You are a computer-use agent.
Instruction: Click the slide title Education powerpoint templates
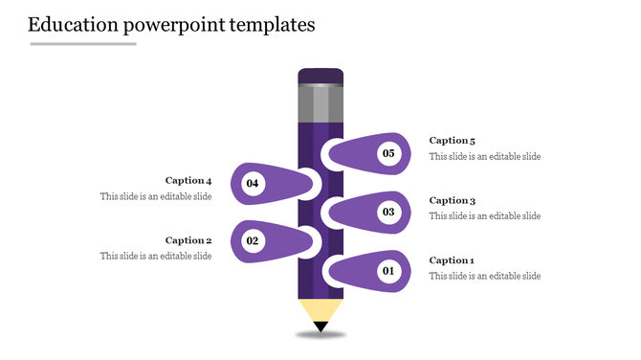coord(171,25)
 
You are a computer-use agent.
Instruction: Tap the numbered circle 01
coord(388,272)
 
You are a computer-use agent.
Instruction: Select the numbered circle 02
coord(253,241)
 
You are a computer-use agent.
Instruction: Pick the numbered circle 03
coord(388,212)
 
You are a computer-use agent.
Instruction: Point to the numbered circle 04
coord(253,182)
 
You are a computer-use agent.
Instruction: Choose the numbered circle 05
coord(388,153)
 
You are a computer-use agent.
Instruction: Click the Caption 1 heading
coord(452,260)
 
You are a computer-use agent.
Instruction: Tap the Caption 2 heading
coord(188,240)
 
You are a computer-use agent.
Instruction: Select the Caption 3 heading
coord(452,201)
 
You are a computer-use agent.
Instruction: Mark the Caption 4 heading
coord(188,180)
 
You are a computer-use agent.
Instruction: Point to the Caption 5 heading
coord(452,141)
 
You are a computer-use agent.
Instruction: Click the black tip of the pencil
coord(320,327)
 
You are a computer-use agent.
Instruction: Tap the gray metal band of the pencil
coord(320,103)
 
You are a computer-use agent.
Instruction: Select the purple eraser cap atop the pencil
coord(320,76)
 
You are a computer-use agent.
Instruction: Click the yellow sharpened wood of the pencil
coord(320,310)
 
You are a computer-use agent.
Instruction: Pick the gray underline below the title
coord(83,44)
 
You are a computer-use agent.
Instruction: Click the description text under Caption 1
coord(484,276)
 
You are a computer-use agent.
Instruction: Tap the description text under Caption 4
coord(156,196)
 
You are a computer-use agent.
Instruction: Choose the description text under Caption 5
coord(484,156)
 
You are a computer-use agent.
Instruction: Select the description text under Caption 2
coord(156,256)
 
